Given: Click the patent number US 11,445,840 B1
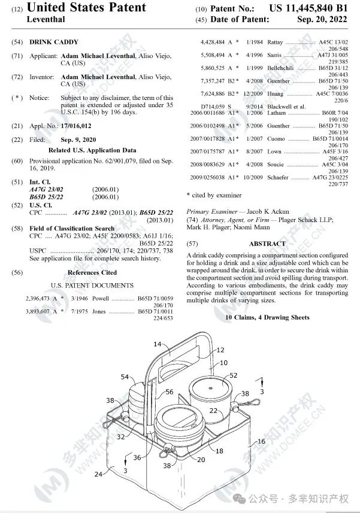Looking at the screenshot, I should pyautogui.click(x=308, y=8).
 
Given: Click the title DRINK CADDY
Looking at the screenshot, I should pyautogui.click(x=49, y=44).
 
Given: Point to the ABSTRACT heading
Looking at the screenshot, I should pyautogui.click(x=267, y=244).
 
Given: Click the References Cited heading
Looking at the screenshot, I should pyautogui.click(x=92, y=272).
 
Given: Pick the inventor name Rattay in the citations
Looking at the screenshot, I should pyautogui.click(x=274, y=43).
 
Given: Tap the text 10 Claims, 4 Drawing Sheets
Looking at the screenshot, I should pyautogui.click(x=267, y=317).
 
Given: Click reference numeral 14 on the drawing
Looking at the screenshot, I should pyautogui.click(x=158, y=344).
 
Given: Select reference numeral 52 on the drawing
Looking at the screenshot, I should pyautogui.click(x=233, y=375).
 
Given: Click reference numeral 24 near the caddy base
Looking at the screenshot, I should pyautogui.click(x=97, y=473).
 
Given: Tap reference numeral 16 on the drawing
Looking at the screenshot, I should pyautogui.click(x=261, y=441).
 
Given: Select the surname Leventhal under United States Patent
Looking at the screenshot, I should pyautogui.click(x=46, y=19).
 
